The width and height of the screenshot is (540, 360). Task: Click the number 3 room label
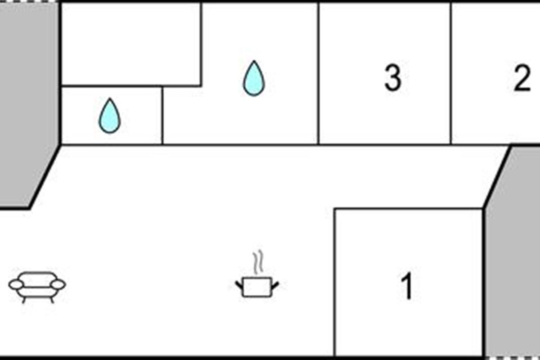click(x=393, y=78)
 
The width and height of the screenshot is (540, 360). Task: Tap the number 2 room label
click(x=522, y=78)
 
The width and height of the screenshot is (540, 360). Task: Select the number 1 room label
click(x=407, y=286)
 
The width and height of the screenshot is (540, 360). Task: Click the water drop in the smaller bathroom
click(x=110, y=116)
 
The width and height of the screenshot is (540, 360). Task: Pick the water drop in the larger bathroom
click(x=254, y=78)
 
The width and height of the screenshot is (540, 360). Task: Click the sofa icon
click(x=37, y=287)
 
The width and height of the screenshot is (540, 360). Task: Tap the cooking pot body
click(x=257, y=287)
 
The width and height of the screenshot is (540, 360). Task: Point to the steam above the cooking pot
click(x=258, y=262)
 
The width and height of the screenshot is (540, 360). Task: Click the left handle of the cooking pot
click(x=239, y=285)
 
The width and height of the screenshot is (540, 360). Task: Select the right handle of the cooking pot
click(x=275, y=285)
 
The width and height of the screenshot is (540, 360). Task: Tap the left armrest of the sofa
click(x=16, y=284)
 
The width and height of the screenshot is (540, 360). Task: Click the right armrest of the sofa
click(x=58, y=284)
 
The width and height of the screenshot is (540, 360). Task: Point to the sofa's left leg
click(x=23, y=300)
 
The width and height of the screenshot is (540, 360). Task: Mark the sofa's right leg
click(x=52, y=300)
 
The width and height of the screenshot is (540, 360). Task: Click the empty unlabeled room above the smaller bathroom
click(x=131, y=44)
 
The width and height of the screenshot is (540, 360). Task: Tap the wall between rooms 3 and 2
click(x=450, y=73)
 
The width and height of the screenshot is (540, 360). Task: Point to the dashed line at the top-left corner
click(x=29, y=1)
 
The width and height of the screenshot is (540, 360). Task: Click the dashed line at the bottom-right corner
click(x=513, y=358)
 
